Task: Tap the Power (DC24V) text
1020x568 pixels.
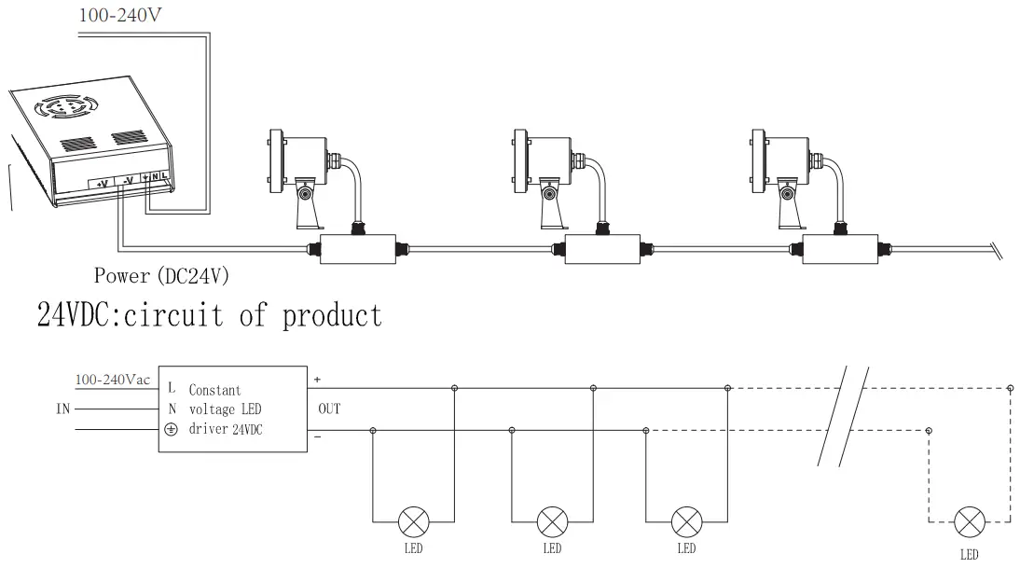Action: (x=161, y=276)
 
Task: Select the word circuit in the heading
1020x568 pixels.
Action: (x=182, y=315)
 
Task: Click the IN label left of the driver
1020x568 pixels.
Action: (x=62, y=409)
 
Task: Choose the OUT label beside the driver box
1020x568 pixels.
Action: (x=329, y=409)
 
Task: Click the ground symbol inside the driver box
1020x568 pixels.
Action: (x=171, y=430)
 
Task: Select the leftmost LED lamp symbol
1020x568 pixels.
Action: (x=413, y=520)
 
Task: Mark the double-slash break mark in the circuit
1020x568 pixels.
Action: (x=844, y=415)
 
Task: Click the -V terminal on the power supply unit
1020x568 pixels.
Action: (x=130, y=180)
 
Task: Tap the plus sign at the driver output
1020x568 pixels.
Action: (x=318, y=380)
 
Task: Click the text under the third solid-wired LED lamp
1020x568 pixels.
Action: (x=687, y=548)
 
